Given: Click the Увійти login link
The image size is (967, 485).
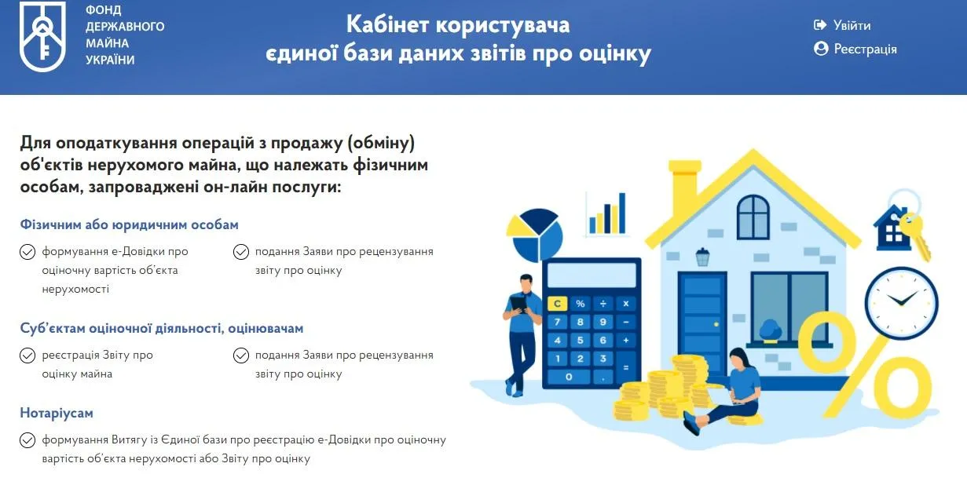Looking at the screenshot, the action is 842,25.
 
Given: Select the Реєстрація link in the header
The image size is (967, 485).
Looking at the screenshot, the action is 855,49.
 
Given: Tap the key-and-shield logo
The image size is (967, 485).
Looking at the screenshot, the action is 42,36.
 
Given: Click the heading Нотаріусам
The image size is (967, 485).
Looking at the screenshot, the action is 57,413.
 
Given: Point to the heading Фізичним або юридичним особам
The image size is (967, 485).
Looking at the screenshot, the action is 129,224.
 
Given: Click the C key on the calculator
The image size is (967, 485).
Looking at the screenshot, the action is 557,304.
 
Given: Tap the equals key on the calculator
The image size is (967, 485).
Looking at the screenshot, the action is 626,367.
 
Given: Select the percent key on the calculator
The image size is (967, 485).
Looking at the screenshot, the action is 581,304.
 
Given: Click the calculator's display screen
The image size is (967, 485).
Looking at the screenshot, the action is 592,275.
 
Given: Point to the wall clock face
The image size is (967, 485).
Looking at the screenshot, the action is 901,302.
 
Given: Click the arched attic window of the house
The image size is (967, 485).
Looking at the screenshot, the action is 753,217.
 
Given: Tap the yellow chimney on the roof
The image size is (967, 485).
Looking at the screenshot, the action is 685,182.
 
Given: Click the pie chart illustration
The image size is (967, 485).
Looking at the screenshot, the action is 534,235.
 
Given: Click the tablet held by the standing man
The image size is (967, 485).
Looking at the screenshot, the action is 519,304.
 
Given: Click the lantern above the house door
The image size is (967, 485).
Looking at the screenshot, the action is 703,257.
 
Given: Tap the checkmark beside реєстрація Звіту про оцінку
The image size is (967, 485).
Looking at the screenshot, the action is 27,356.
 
